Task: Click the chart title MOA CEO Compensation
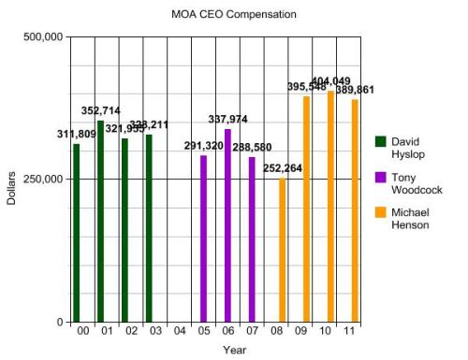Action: pos(234,15)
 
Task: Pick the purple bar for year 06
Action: pos(227,225)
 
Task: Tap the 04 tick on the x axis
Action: pos(180,331)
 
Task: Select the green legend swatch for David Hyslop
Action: pos(381,141)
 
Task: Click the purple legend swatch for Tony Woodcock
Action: pos(381,176)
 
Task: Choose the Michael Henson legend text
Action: pos(412,219)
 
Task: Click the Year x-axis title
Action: pos(234,350)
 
